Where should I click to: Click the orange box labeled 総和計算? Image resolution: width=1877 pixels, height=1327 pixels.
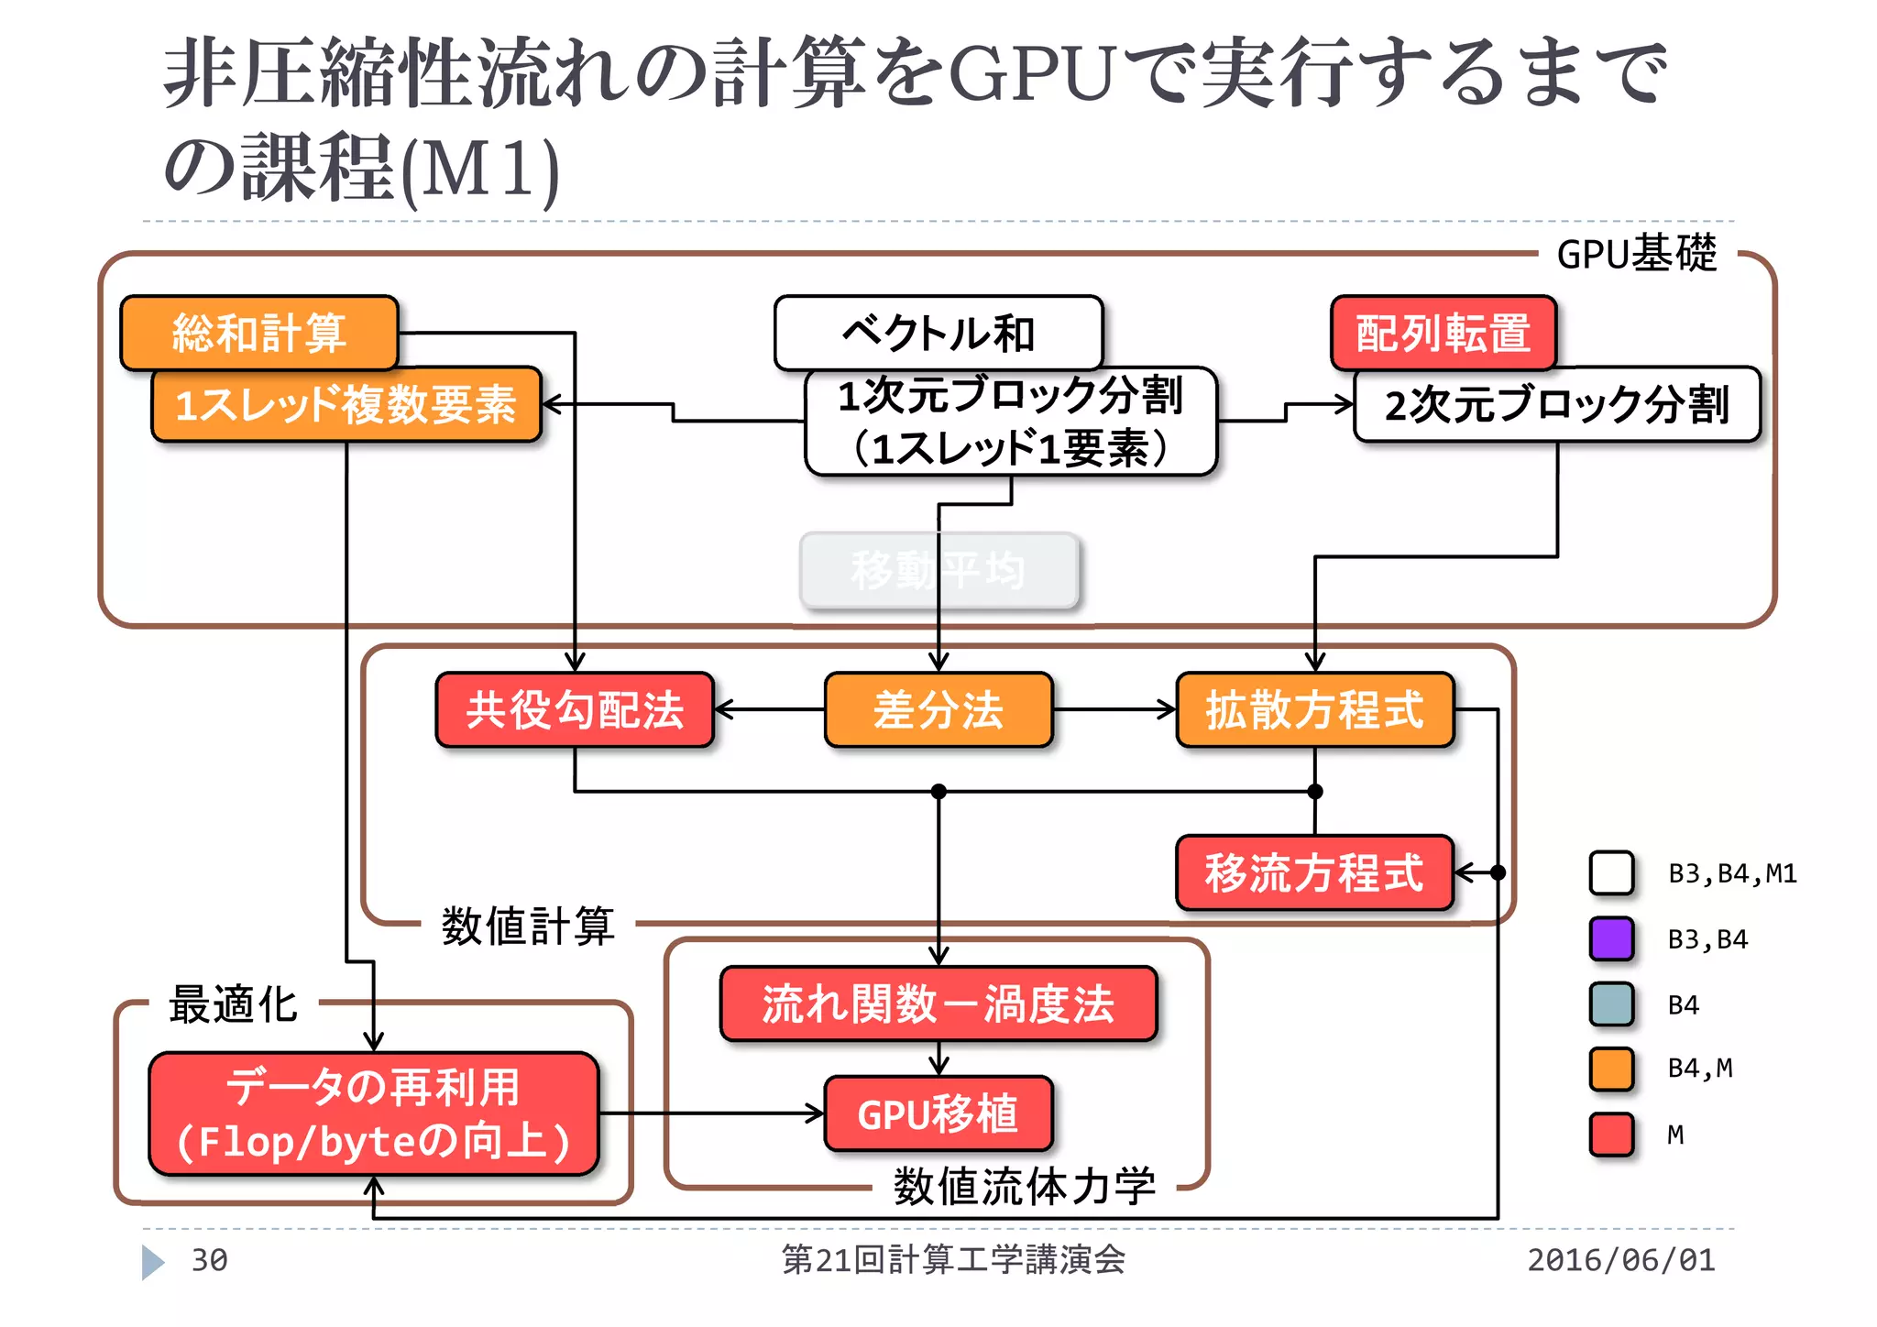(259, 332)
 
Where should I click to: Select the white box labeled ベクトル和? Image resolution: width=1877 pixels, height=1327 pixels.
(938, 332)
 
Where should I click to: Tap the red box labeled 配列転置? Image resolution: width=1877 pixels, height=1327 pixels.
(1443, 332)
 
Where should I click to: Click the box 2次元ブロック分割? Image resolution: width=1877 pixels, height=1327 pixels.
(1556, 405)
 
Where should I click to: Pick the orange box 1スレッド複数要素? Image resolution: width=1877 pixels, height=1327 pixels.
(346, 405)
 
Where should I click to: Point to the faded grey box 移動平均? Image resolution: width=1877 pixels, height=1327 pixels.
(938, 570)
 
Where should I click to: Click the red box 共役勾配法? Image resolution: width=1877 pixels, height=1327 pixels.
(575, 709)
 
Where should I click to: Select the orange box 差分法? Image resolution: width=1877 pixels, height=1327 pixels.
(938, 709)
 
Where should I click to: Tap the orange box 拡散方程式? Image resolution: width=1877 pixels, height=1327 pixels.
(1314, 709)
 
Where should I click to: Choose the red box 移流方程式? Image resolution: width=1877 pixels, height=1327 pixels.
(1314, 872)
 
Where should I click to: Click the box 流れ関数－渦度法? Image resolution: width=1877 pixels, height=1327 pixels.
(938, 1003)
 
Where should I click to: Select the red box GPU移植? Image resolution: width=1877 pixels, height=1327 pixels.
(938, 1113)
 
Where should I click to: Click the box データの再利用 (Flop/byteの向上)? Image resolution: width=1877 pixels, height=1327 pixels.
(373, 1113)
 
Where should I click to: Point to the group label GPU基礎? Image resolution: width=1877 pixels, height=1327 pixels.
(1636, 254)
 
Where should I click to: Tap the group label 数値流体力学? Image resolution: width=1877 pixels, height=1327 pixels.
(1024, 1187)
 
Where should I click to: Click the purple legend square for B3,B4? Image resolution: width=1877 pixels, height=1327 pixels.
(1611, 938)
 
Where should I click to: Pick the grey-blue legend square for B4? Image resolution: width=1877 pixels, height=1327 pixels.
(1611, 1004)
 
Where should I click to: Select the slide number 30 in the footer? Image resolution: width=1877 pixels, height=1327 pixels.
(209, 1260)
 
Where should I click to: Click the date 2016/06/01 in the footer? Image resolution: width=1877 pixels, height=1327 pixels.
(1620, 1260)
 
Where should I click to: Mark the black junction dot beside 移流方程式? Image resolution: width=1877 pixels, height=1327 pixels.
(1498, 872)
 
